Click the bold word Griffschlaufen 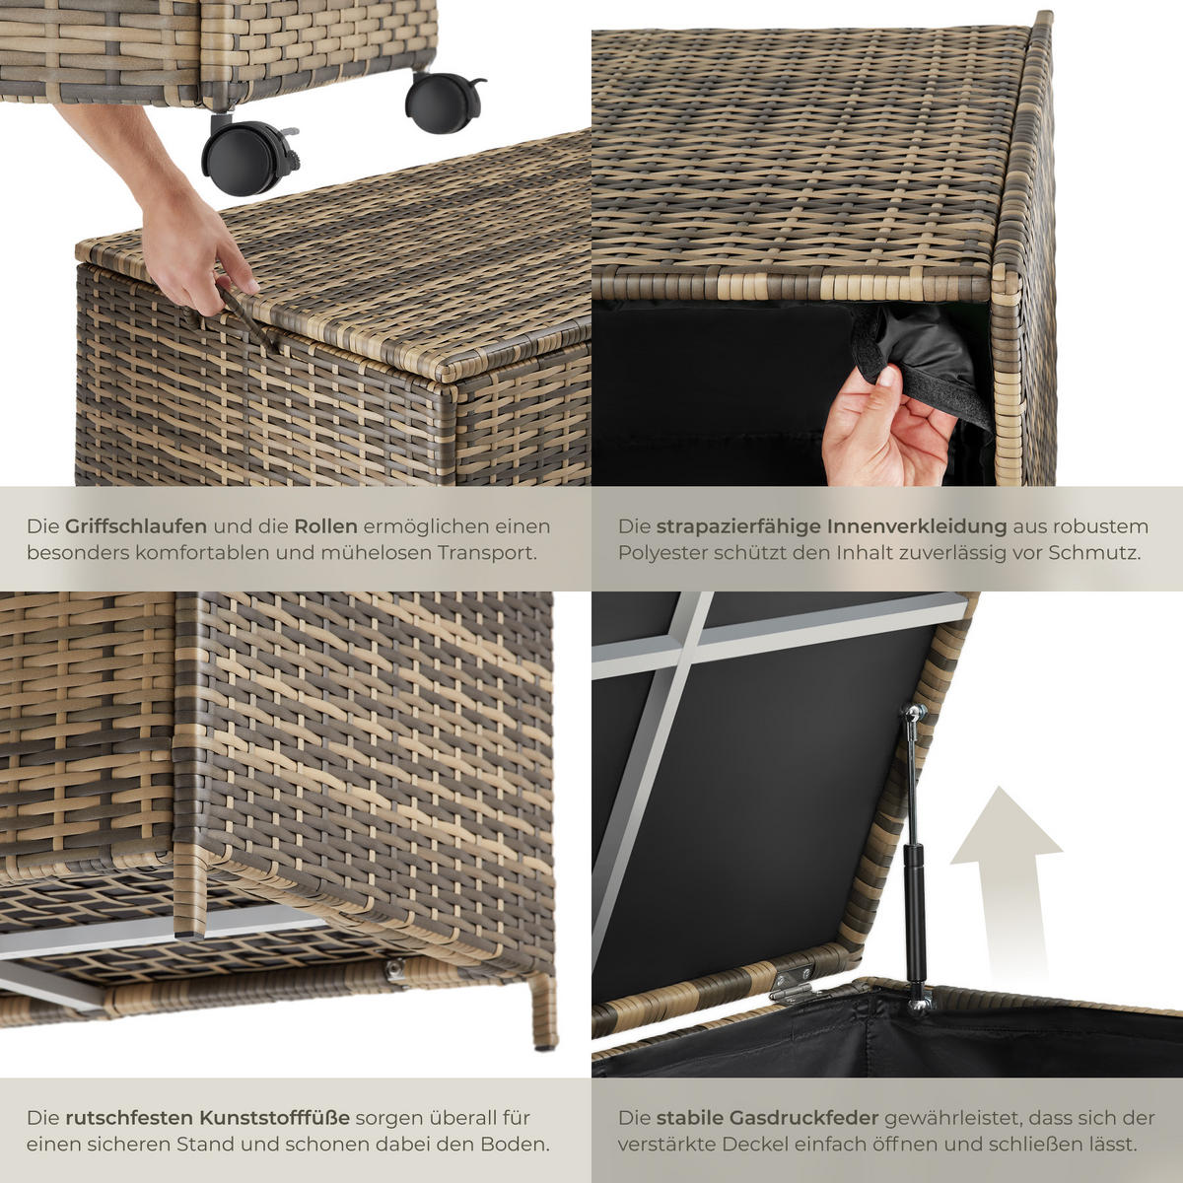(136, 526)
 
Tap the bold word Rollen (325, 526)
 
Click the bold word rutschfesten (128, 1118)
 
